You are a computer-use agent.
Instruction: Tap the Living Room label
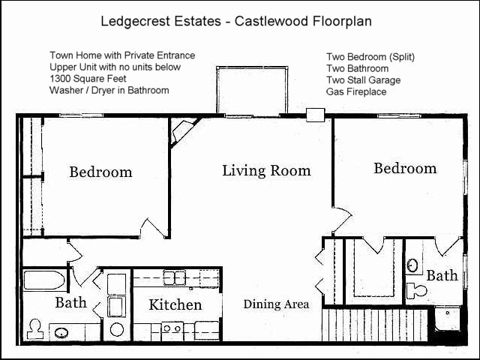[x=266, y=171]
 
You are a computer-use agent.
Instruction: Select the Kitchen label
[x=175, y=305]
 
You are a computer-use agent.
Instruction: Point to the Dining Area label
[x=276, y=304]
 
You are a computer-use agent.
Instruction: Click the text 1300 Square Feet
[x=88, y=79]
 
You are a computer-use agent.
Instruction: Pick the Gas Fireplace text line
[x=356, y=91]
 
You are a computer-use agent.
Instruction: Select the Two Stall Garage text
[x=363, y=80]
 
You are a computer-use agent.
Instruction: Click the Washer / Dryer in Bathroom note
[x=109, y=90]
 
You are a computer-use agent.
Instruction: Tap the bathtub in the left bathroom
[x=44, y=280]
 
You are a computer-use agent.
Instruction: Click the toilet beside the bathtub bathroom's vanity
[x=35, y=329]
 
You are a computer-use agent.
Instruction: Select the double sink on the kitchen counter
[x=175, y=277]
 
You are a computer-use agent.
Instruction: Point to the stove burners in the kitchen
[x=172, y=328]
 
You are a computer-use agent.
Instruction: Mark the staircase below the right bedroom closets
[x=375, y=325]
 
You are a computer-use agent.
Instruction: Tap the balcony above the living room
[x=252, y=91]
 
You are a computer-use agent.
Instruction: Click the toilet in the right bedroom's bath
[x=417, y=290]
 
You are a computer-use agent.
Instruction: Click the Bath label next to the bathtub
[x=70, y=303]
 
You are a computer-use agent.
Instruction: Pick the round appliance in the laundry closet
[x=117, y=330]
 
